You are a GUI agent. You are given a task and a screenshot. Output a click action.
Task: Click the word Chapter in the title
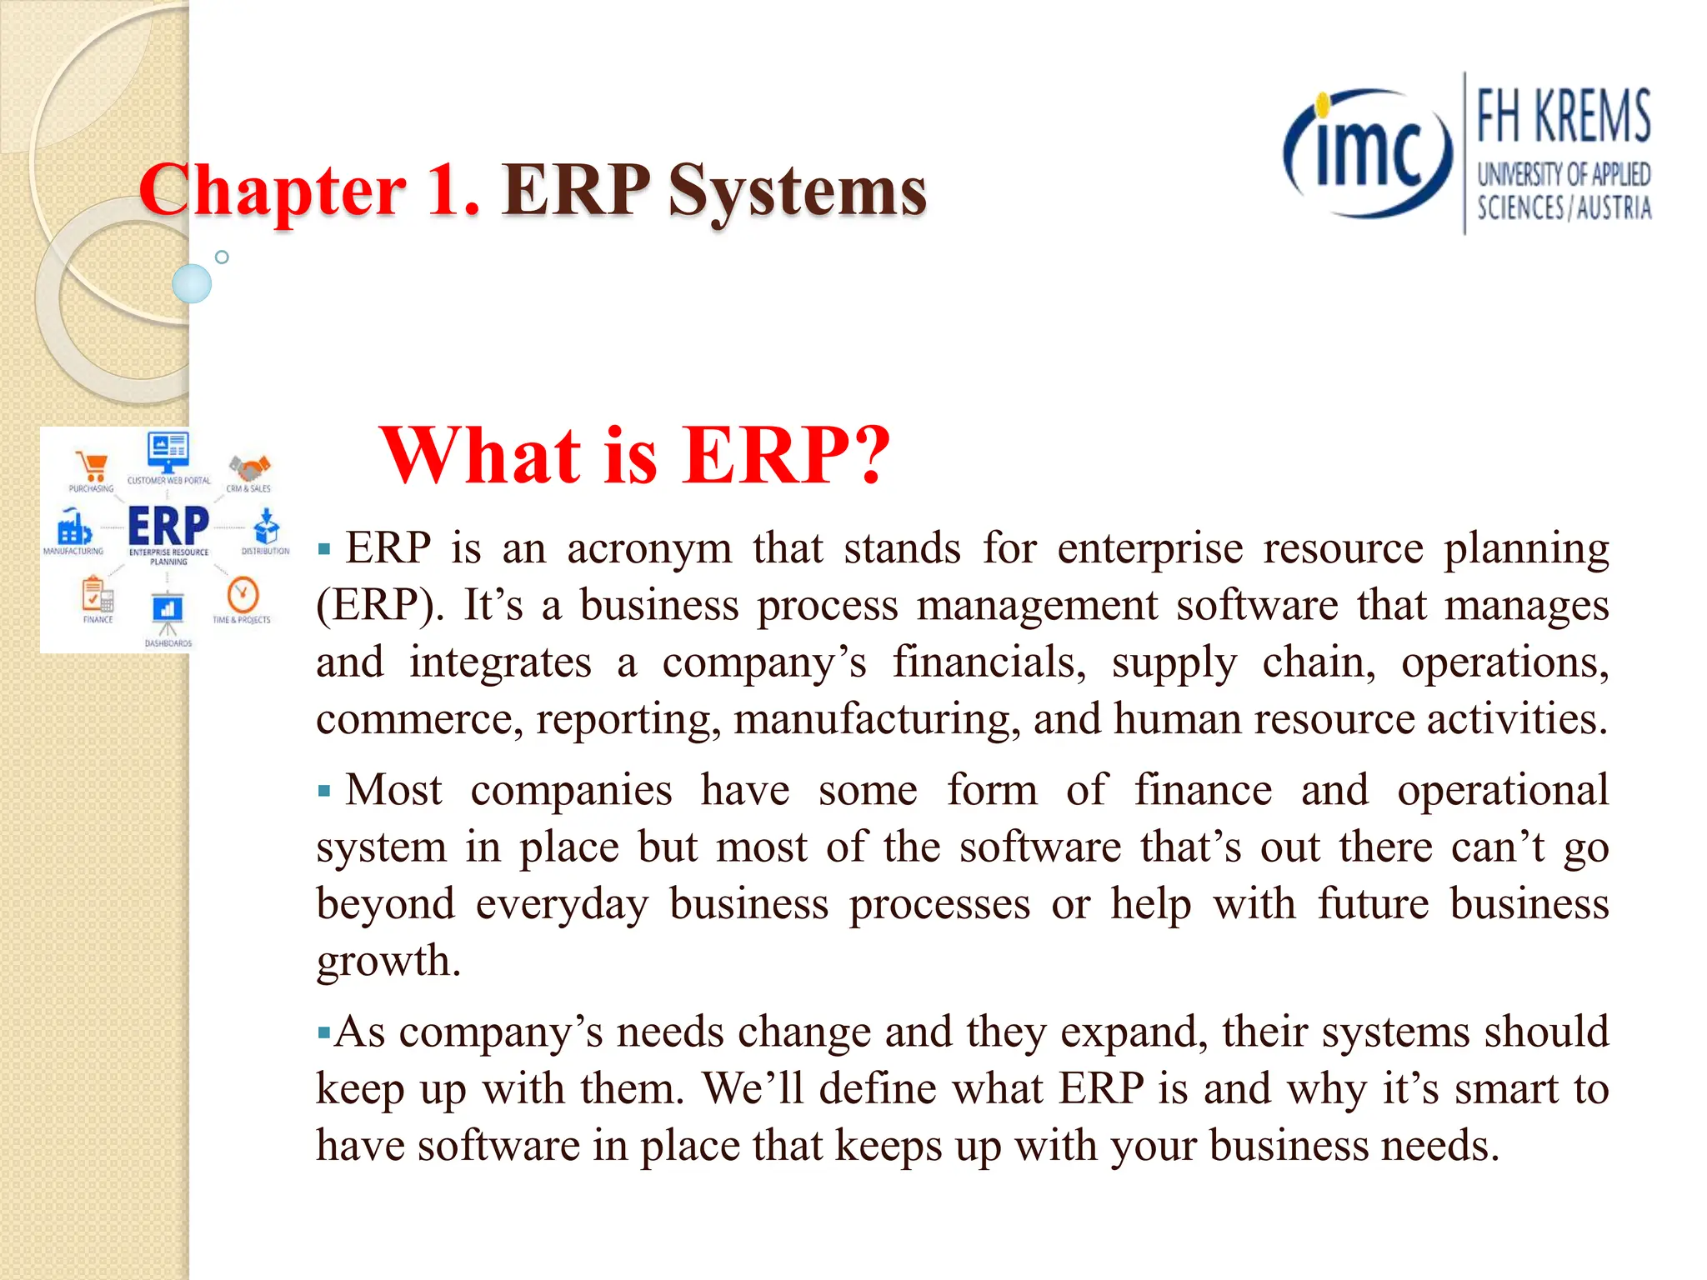[273, 192]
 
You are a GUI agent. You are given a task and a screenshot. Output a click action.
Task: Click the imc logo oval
[1368, 154]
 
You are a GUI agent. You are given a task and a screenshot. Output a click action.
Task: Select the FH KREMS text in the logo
[1563, 117]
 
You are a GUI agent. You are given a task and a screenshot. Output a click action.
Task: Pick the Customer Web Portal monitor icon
[168, 452]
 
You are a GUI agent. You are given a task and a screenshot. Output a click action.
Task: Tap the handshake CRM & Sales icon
[249, 467]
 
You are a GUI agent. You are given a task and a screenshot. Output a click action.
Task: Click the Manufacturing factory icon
[73, 527]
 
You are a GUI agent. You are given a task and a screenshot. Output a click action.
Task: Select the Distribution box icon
[267, 527]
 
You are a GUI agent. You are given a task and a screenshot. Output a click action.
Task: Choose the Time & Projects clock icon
[243, 595]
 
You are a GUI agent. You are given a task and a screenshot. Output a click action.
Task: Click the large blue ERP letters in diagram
[168, 525]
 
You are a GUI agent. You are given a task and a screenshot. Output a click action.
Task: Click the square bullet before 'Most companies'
[325, 790]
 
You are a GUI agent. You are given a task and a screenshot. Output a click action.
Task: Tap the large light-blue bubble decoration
[192, 283]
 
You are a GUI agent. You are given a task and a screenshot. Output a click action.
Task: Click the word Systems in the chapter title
[797, 192]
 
